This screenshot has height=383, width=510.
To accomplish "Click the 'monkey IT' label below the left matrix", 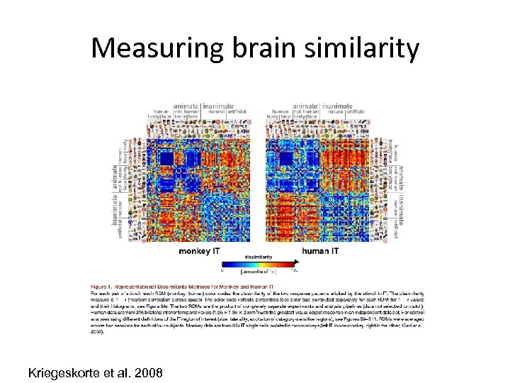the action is click(201, 250).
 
